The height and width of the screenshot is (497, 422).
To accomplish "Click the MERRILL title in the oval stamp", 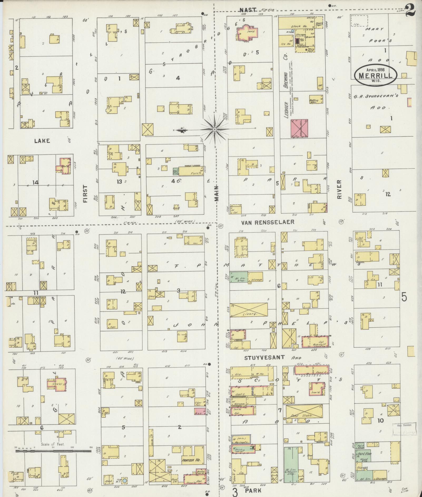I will [x=375, y=75].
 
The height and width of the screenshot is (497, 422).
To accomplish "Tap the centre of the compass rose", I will [x=215, y=130].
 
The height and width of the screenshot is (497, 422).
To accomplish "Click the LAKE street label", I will [x=42, y=141].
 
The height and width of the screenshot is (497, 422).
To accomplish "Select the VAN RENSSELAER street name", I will [x=268, y=223].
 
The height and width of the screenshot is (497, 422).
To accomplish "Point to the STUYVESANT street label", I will [x=264, y=357].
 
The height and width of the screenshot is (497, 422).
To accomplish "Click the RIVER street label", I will [x=339, y=189].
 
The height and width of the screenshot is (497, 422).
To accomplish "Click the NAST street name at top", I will [x=248, y=10].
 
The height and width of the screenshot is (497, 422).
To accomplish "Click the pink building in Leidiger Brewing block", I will [x=299, y=128].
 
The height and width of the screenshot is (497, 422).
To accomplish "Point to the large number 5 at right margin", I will [x=404, y=297].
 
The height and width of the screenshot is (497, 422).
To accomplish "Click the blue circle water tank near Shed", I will [x=125, y=480].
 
